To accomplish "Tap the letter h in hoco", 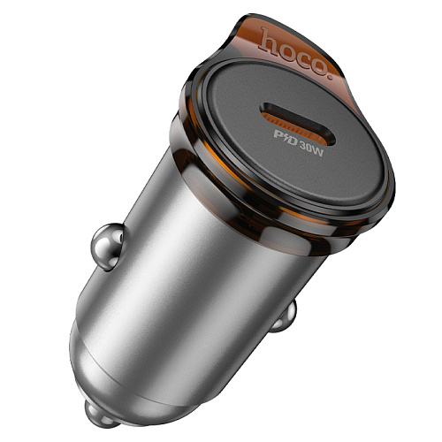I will [266, 39].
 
